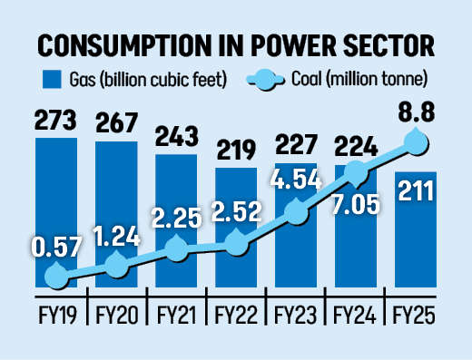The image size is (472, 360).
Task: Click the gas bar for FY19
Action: [x=56, y=212]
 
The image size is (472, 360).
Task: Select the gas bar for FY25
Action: [x=416, y=229]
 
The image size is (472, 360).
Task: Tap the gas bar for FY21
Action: [x=176, y=220]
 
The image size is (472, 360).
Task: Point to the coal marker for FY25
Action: [x=417, y=141]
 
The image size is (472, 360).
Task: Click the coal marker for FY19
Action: [x=57, y=276]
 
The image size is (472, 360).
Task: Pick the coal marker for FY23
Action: [x=297, y=211]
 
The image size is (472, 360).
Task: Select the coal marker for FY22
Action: [x=237, y=243]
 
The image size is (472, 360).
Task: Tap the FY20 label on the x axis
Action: [x=117, y=316]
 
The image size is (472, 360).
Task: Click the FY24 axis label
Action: [x=355, y=316]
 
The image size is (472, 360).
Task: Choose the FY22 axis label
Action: [x=236, y=316]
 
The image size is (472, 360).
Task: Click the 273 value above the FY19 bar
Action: [x=55, y=120]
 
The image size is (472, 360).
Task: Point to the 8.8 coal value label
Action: [x=417, y=112]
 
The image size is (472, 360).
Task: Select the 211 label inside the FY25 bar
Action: [x=416, y=190]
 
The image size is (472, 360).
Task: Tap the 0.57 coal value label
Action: [x=56, y=247]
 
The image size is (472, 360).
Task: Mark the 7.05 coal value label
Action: [x=356, y=205]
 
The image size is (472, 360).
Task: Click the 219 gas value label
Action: [x=236, y=150]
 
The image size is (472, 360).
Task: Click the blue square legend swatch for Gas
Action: [x=52, y=80]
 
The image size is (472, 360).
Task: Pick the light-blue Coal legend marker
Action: [x=266, y=80]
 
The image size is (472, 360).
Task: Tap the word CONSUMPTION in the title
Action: [x=123, y=46]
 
